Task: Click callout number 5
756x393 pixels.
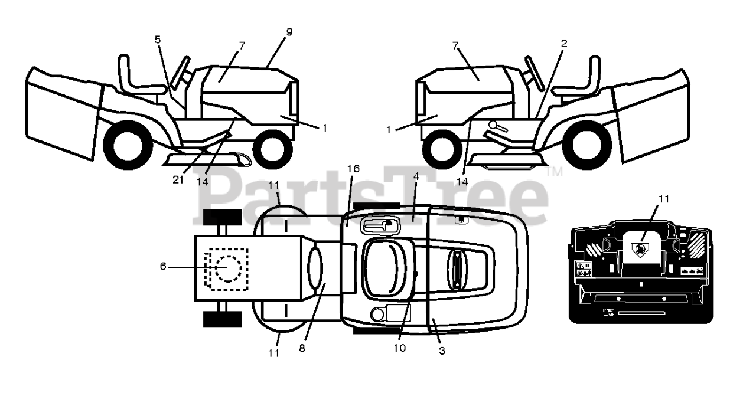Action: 157,40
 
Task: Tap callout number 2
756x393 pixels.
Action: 564,43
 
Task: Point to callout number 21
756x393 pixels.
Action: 178,179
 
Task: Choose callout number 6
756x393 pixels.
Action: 164,266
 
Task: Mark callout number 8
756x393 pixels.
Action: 302,348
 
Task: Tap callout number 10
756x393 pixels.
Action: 400,348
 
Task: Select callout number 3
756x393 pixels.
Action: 442,351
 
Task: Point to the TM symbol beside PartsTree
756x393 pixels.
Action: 555,172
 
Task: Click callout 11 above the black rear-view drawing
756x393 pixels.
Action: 664,199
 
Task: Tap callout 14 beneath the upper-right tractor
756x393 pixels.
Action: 462,182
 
